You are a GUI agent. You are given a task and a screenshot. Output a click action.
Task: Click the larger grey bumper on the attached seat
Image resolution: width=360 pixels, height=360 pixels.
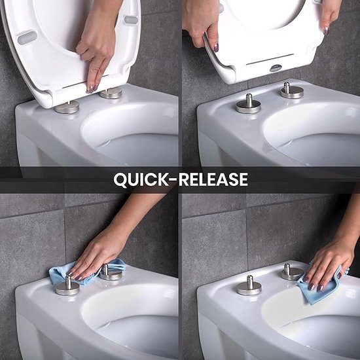click(27, 37)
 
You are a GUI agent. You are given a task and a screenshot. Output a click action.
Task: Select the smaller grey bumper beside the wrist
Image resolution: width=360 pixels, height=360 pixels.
click(131, 20)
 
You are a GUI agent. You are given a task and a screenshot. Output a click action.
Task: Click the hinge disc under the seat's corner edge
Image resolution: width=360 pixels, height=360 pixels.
click(67, 107)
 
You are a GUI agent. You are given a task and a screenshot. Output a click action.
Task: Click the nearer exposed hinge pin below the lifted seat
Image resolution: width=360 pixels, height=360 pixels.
click(249, 104)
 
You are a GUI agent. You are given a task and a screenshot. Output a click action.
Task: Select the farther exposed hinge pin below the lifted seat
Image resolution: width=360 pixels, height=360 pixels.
click(291, 90)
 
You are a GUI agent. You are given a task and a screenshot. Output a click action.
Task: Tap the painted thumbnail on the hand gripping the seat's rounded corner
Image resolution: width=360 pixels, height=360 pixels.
click(215, 47)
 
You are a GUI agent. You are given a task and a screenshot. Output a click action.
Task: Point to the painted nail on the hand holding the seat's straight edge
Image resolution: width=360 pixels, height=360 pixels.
click(325, 30)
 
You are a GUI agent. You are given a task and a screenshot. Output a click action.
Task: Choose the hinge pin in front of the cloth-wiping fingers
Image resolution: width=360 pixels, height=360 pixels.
click(67, 285)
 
